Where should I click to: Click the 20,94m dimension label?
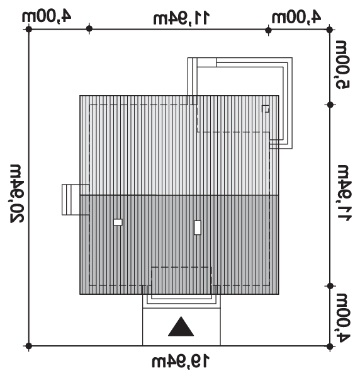(17, 193)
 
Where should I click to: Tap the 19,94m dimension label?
(181, 361)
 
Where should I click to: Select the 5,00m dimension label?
(343, 65)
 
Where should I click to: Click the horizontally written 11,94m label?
(181, 18)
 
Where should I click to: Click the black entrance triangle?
(181, 326)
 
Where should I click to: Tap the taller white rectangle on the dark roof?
(198, 227)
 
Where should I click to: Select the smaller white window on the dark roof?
(118, 222)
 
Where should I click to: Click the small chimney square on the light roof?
(266, 109)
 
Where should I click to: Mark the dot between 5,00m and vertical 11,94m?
(330, 105)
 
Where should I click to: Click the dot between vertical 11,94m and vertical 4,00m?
(330, 286)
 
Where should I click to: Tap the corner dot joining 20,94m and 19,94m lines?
(29, 346)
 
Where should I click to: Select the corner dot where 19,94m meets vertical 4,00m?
(330, 346)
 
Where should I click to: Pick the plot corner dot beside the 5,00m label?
(330, 30)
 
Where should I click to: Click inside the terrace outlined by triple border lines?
(241, 96)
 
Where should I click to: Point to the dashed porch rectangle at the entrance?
(181, 267)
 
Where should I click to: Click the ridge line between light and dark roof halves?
(179, 195)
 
